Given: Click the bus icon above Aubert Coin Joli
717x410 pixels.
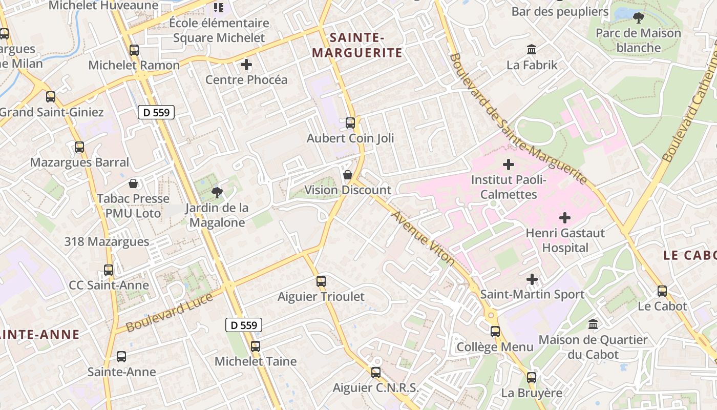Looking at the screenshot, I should point(350,123).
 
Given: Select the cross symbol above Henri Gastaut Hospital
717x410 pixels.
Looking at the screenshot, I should point(565,218).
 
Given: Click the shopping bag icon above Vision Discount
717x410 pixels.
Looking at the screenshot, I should point(348,175).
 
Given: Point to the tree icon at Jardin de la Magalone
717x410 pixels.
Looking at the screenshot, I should point(217,193).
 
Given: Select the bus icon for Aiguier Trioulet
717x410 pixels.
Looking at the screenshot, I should point(321,281).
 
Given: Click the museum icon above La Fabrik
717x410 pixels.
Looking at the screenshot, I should point(532,50).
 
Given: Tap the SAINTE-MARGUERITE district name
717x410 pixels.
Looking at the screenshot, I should point(357,45).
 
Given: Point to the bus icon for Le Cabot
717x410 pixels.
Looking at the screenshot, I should point(662,291).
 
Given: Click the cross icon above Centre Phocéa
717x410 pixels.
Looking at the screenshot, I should point(246,65).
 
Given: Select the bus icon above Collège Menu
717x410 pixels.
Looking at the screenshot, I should point(495,331).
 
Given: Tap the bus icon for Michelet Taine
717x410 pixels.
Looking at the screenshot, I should point(256,346).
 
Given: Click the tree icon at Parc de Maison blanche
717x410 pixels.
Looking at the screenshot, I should point(639,18).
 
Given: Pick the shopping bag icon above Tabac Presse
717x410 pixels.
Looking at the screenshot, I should point(133,183).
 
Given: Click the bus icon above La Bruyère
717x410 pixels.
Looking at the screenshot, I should point(532,378).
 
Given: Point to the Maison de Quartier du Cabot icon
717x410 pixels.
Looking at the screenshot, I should point(593,324).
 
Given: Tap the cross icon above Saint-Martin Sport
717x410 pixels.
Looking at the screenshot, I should point(532,279).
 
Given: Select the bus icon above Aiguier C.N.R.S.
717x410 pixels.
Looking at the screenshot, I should point(376,373).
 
